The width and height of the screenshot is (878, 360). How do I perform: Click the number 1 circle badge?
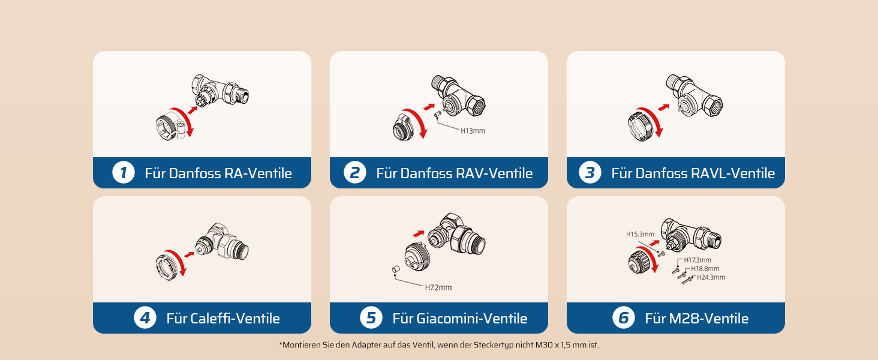coord(124,173)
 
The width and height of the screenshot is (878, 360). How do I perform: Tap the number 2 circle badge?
coord(354,173)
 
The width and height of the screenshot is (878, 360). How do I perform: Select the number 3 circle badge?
coord(590,173)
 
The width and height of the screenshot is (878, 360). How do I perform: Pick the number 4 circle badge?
coord(145,317)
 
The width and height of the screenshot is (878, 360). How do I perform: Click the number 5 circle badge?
coord(371,317)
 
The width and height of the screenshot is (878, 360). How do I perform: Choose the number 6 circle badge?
coord(624,317)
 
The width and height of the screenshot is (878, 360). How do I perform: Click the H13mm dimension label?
coord(473,131)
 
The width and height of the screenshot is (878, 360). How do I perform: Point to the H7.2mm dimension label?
coord(438,287)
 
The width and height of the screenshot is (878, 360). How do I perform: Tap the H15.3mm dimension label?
coord(640,234)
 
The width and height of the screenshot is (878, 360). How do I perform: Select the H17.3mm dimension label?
coord(697,260)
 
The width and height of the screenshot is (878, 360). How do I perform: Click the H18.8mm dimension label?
coord(705,269)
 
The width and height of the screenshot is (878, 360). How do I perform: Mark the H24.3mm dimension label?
coord(711,277)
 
